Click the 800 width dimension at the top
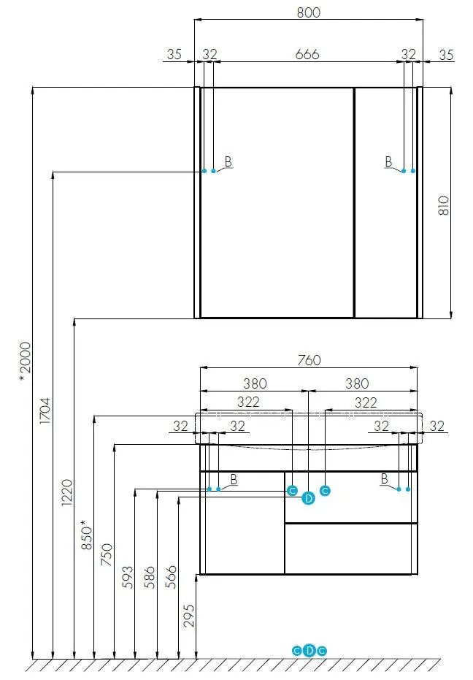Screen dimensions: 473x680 pos(309,12)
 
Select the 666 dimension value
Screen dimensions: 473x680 pos(307,54)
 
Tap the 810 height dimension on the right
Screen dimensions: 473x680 pos(444,205)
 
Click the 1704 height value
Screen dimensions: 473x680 pos(45,410)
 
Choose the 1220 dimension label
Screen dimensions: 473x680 pos(66,492)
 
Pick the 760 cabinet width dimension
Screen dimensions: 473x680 pos(309,360)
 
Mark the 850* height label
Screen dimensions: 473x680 pos(87,535)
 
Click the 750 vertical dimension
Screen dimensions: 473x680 pos(107,554)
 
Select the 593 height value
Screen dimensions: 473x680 pos(128,577)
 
